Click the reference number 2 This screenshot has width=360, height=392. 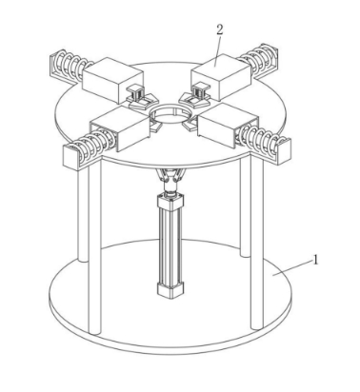pos(220,29)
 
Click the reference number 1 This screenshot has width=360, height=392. pos(315,261)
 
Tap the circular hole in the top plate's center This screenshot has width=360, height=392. pos(170,114)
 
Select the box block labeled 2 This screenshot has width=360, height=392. pos(220,76)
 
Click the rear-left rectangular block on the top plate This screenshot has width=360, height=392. pos(112,79)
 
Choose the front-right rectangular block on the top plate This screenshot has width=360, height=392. pos(227,125)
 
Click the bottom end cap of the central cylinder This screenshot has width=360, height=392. pos(170,289)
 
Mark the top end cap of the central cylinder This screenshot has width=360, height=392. pos(170,201)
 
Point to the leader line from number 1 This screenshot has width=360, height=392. pos(291,267)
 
